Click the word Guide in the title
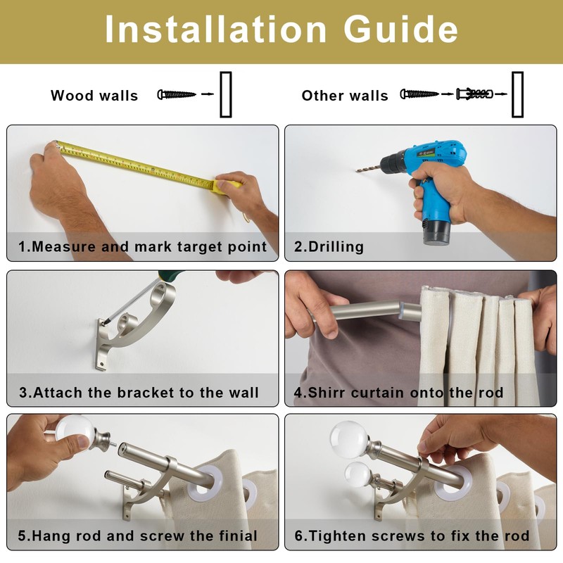click(400, 29)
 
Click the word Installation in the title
click(215, 29)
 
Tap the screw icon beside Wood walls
click(177, 94)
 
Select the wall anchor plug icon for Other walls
click(474, 94)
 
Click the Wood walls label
click(94, 96)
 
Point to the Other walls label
click(345, 96)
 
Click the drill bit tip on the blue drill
click(357, 171)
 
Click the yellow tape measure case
click(226, 186)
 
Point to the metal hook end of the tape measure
click(56, 145)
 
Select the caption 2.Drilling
click(329, 247)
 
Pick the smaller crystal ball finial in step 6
click(358, 474)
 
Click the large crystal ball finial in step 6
click(349, 439)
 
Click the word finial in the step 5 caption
click(238, 536)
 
